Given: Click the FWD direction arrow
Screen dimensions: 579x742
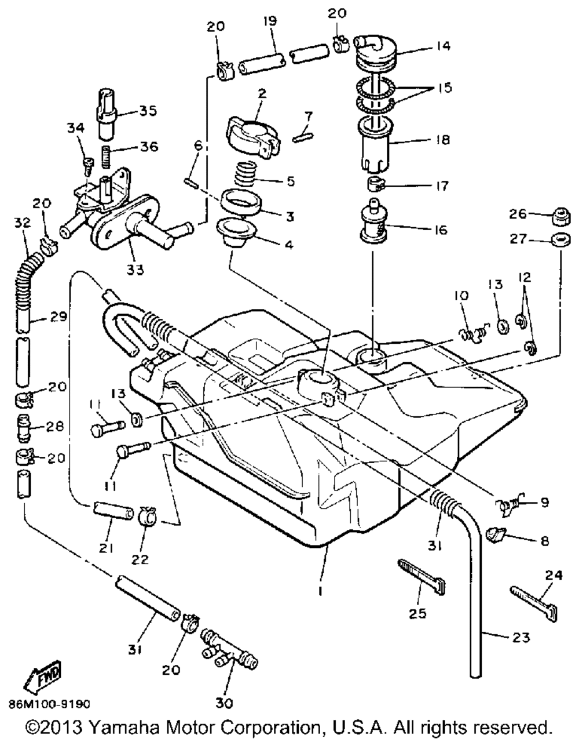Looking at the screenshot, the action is tap(42, 676).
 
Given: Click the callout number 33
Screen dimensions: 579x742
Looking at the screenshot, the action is tap(135, 270).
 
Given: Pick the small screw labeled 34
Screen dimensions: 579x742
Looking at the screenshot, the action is tap(87, 166).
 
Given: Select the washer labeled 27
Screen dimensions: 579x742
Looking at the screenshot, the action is tap(561, 239).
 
